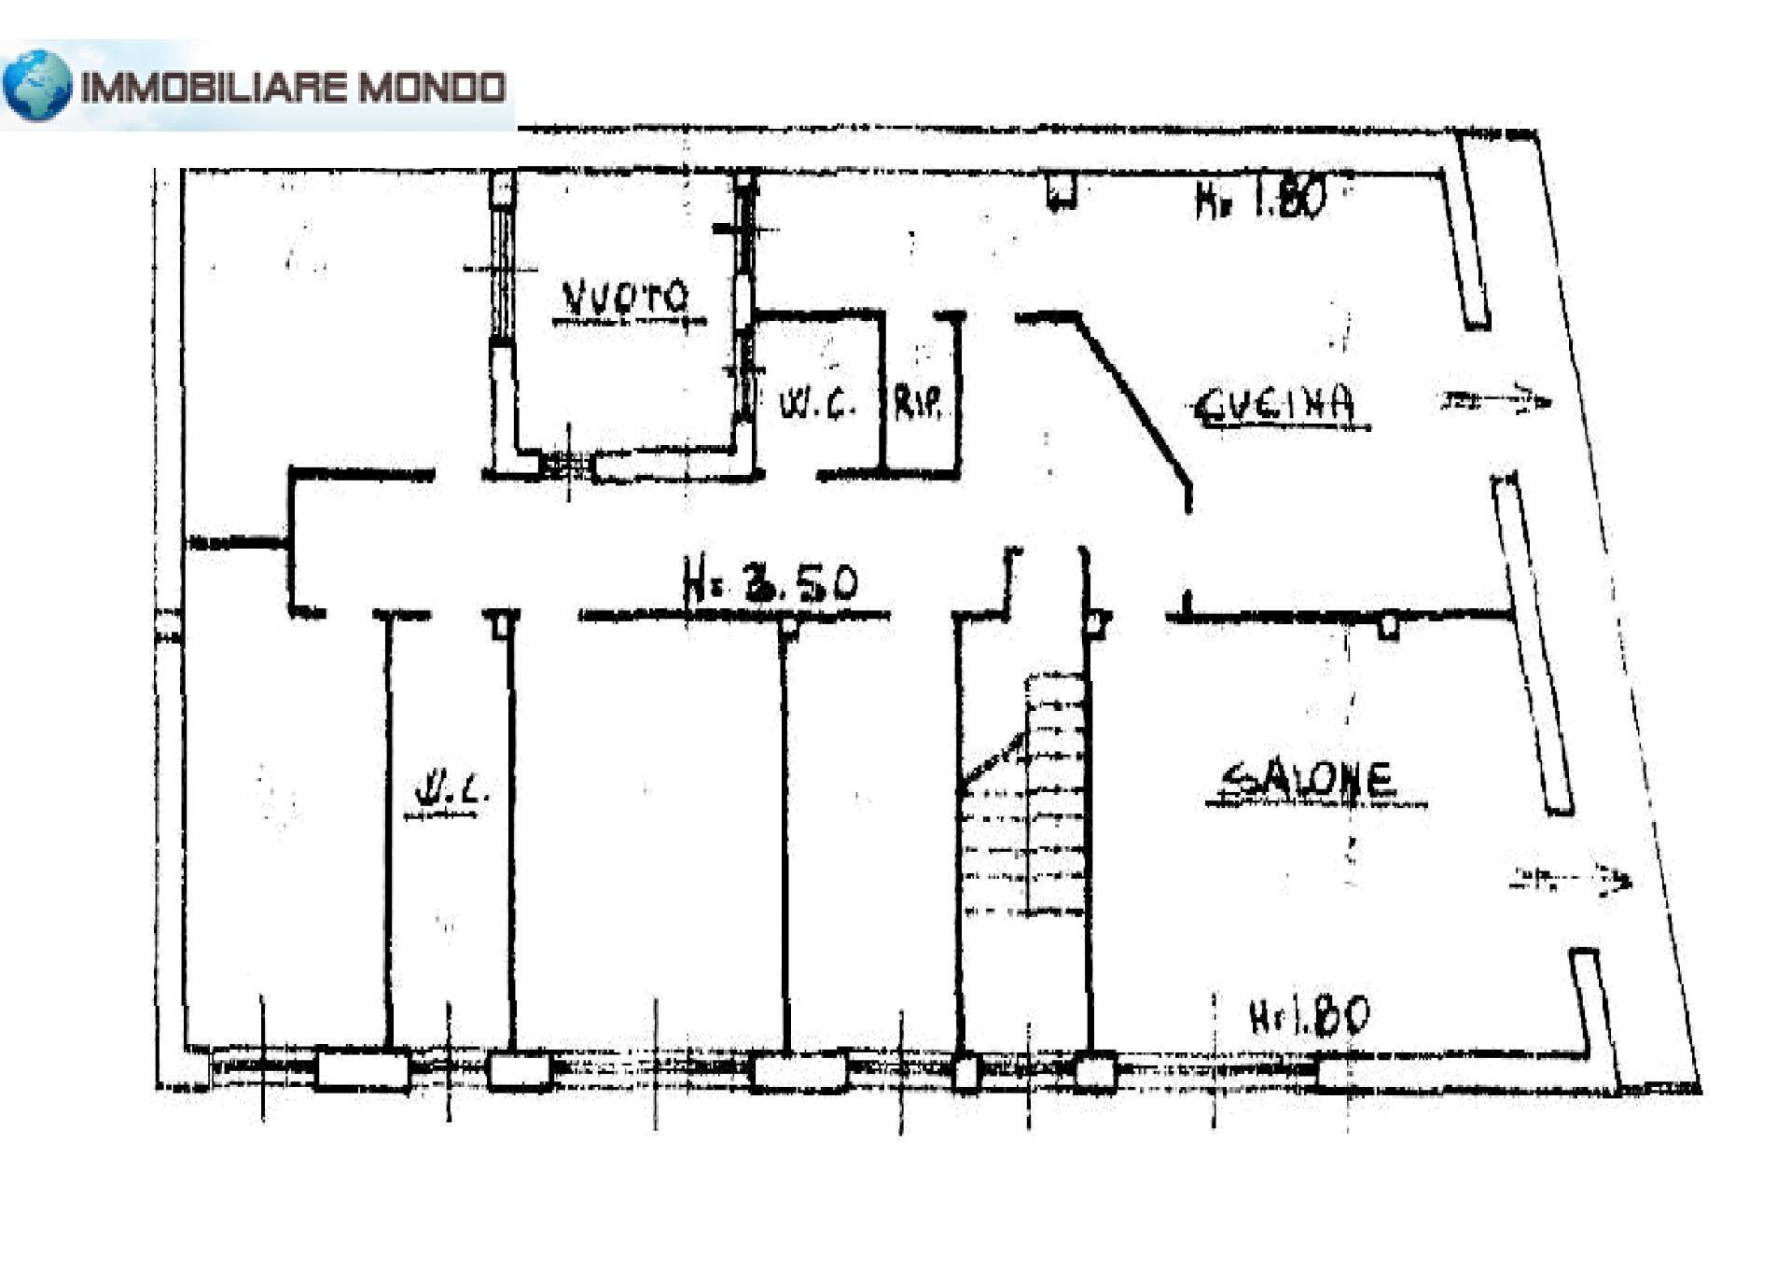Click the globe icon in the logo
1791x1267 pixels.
37,86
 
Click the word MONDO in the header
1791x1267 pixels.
433,88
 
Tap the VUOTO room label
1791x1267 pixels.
625,298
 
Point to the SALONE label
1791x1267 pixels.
1310,780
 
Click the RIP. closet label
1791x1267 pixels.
919,403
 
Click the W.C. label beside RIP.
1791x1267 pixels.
817,404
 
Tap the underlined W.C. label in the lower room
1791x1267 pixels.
451,793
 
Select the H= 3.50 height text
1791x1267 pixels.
770,582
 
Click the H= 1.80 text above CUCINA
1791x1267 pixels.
1260,199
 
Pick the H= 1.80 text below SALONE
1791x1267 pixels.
1309,1016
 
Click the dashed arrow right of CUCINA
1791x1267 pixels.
1495,400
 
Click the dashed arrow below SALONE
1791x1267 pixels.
1571,878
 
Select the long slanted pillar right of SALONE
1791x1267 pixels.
1533,644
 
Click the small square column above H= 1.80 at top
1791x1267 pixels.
1061,190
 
